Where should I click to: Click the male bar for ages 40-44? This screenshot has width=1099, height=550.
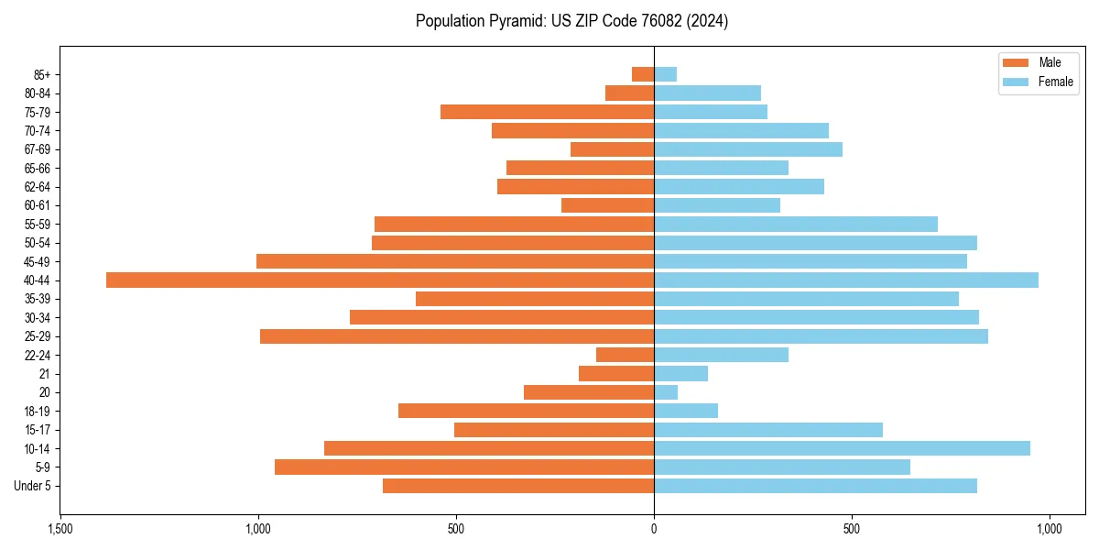coord(380,280)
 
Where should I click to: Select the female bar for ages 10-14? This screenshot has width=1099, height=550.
coord(842,448)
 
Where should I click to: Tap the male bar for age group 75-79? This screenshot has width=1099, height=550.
coord(547,112)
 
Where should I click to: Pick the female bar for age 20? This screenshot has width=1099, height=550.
coord(666,392)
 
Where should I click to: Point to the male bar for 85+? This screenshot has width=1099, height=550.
coord(643,74)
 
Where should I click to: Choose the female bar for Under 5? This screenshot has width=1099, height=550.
coord(815,486)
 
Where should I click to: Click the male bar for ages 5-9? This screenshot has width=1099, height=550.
coord(464,467)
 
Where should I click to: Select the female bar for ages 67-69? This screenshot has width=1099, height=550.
coord(748,149)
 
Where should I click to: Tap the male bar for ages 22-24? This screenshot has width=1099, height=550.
coord(625,355)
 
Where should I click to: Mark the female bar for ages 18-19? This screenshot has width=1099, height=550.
coord(686,411)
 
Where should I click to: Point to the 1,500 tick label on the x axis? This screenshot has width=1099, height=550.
coord(60,530)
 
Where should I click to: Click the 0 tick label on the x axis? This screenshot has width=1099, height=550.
coord(654,530)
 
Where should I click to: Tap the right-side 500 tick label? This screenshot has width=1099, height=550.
coord(852,530)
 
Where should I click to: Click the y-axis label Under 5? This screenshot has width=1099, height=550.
coord(32,486)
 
